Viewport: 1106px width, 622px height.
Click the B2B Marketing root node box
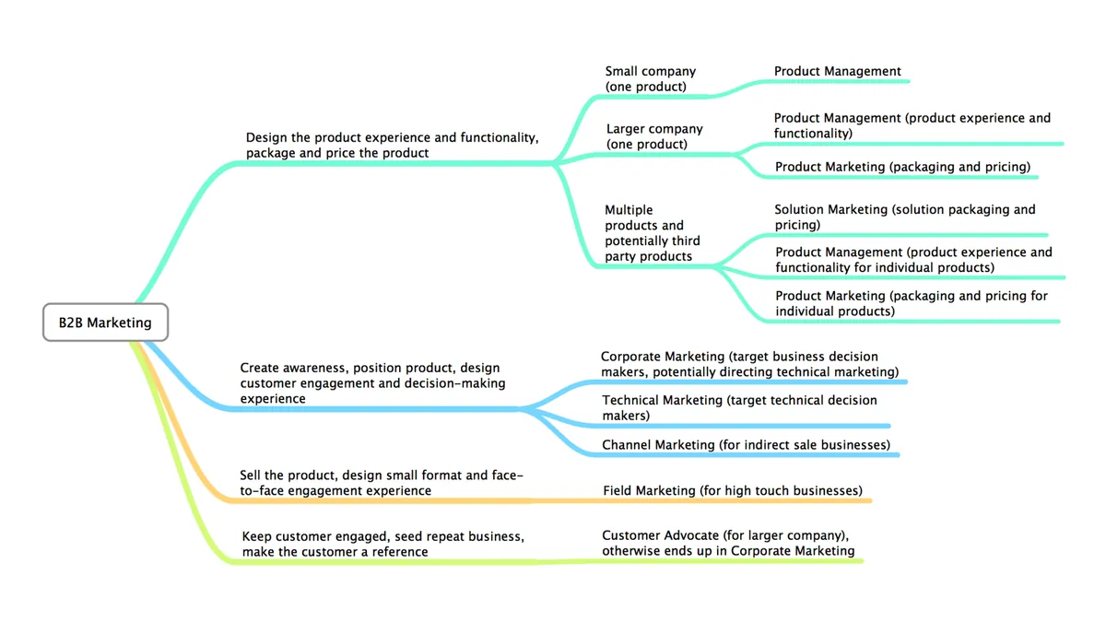click(x=105, y=323)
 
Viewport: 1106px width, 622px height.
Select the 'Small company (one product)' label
click(x=651, y=79)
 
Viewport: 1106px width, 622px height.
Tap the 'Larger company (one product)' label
click(x=654, y=136)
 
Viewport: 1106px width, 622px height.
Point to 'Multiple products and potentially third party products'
click(x=653, y=233)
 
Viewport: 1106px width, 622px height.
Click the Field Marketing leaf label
click(x=733, y=490)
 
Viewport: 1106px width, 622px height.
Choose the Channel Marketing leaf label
click(x=746, y=445)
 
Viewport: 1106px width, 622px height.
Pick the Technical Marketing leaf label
click(x=739, y=407)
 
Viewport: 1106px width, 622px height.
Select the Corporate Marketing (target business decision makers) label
click(x=749, y=364)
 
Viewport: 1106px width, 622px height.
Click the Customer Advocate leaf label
click(x=728, y=543)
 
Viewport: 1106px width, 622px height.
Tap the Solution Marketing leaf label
click(x=904, y=217)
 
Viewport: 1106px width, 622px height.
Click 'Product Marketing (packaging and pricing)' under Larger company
click(x=902, y=167)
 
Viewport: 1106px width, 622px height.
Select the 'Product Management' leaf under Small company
click(x=838, y=71)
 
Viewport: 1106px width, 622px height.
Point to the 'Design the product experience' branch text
click(x=392, y=146)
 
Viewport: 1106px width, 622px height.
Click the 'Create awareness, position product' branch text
click(x=372, y=383)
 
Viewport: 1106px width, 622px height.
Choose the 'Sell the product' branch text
click(x=382, y=483)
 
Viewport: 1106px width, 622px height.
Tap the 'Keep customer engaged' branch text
click(x=383, y=544)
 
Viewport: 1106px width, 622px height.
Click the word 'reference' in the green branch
click(x=400, y=552)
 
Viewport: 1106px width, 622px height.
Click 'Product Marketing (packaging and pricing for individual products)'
click(x=911, y=303)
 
